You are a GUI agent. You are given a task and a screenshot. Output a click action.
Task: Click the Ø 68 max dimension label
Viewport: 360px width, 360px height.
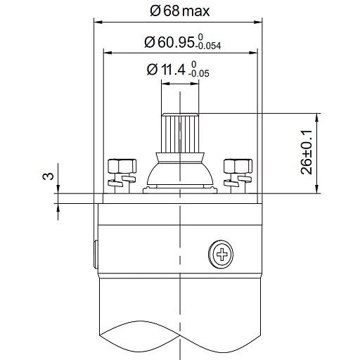(180, 11)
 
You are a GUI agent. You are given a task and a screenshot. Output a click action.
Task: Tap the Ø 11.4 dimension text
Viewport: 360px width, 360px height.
(166, 70)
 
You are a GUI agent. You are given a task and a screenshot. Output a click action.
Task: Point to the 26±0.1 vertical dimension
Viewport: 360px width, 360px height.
(307, 153)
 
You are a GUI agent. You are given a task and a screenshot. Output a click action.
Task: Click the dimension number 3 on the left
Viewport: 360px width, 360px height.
(48, 176)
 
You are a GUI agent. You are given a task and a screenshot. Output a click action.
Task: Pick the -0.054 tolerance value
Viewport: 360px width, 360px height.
(208, 46)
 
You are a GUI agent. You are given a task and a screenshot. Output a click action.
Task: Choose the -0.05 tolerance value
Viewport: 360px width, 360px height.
(199, 74)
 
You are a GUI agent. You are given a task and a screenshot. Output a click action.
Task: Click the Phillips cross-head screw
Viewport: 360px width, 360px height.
(221, 254)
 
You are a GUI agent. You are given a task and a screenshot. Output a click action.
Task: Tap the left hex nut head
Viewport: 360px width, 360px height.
(122, 166)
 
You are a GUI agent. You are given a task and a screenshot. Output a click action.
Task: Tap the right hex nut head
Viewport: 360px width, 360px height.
(238, 166)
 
